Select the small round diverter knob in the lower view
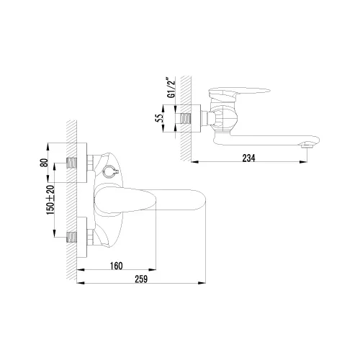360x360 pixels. (110, 172)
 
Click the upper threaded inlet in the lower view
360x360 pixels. (73, 163)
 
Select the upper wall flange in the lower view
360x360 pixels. (86, 163)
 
